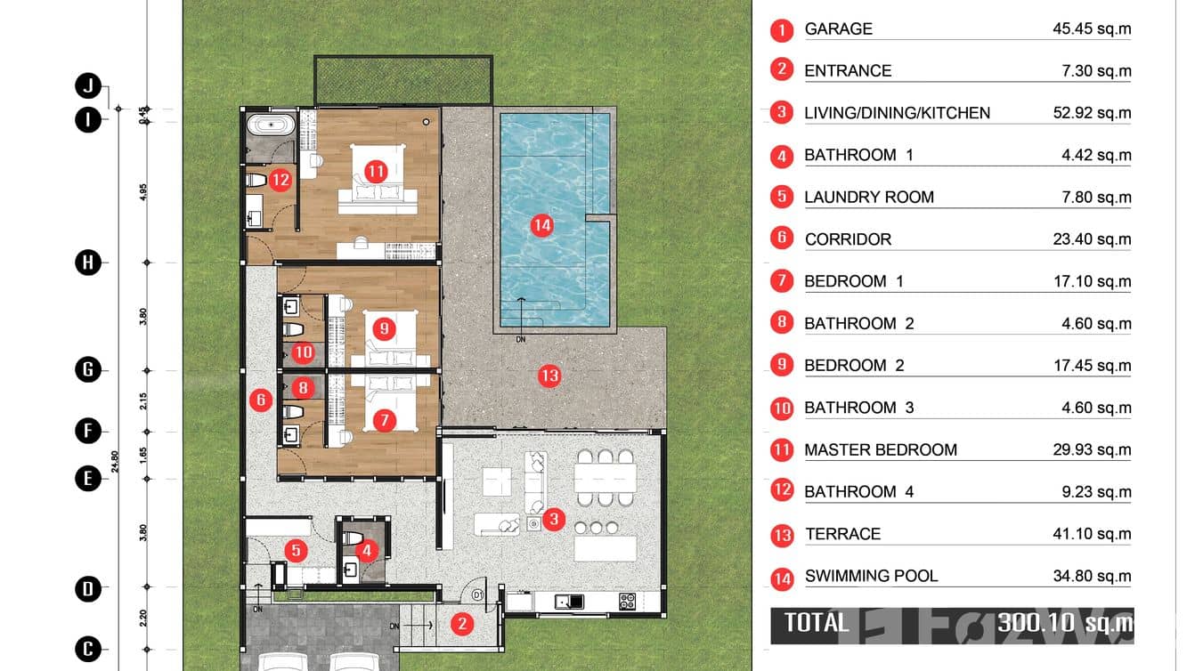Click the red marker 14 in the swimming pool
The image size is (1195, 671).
pos(541,225)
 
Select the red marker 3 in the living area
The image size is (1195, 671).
pos(553,519)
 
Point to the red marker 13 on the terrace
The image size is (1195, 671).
pos(549,376)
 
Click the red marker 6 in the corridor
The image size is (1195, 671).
pos(261,400)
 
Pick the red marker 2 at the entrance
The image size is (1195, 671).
pos(461,623)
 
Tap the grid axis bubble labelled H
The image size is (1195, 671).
pos(87,263)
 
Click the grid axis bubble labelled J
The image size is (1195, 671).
pos(87,86)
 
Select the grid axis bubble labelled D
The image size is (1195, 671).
pos(87,588)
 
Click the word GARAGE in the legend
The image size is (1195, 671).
pos(838,29)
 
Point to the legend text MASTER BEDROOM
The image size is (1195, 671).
pos(880,450)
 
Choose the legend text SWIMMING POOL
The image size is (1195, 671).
pos(871,577)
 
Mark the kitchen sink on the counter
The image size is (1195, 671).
pos(567,602)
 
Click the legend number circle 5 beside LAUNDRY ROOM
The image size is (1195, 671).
pos(782,196)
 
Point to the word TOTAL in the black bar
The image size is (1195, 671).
pos(817,622)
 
